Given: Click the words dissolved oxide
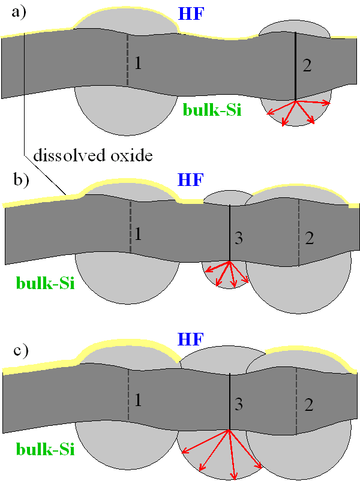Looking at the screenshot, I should (93, 156).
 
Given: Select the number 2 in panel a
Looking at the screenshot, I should (307, 67).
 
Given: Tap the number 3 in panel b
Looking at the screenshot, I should (238, 239).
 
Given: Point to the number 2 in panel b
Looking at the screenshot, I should (310, 238).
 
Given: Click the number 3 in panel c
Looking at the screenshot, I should (238, 405).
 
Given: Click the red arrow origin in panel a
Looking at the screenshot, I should (296, 100).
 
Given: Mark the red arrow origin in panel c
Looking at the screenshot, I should (230, 430).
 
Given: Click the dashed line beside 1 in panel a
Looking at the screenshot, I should (128, 63).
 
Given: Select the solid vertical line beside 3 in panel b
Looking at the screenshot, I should (230, 234).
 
